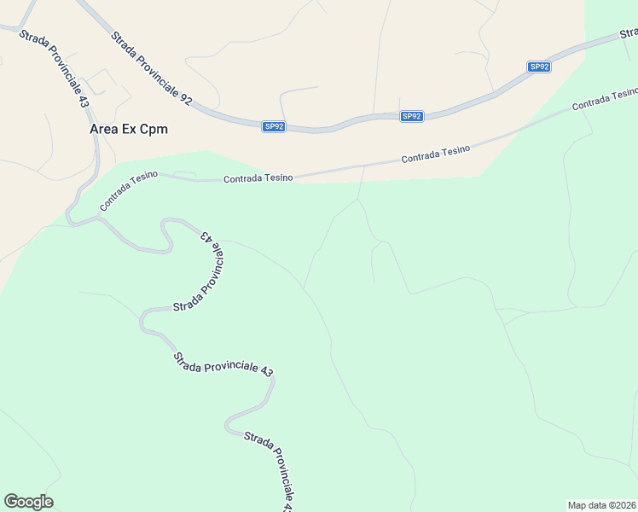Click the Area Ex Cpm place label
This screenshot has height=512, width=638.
click(x=129, y=130)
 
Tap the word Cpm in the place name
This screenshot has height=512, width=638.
click(x=154, y=130)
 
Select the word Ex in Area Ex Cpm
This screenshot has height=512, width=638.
click(x=131, y=130)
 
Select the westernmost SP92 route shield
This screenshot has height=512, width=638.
click(x=274, y=126)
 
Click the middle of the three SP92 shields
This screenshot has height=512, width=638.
click(x=412, y=116)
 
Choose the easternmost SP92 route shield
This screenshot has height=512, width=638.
click(x=539, y=67)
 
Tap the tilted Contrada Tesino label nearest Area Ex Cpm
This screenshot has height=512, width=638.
click(x=129, y=190)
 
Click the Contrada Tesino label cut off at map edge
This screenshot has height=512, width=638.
click(x=605, y=99)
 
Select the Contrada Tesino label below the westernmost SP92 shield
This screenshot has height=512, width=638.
click(x=258, y=178)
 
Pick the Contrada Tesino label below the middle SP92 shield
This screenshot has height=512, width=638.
click(x=436, y=154)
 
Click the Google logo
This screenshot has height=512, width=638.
click(x=28, y=502)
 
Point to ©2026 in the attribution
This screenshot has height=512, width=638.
click(x=621, y=504)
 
